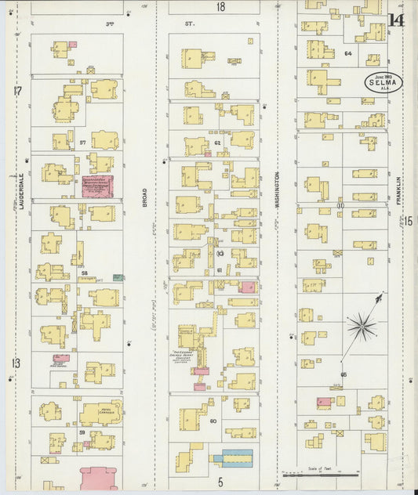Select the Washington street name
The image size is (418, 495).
(x=277, y=189)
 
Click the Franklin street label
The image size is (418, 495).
(x=398, y=191)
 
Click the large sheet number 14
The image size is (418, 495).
(x=396, y=20)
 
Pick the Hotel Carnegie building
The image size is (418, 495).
(x=100, y=412)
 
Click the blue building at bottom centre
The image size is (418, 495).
(x=234, y=458)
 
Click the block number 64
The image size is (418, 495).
(x=347, y=53)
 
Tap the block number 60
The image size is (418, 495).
(x=213, y=421)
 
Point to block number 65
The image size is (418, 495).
(x=343, y=374)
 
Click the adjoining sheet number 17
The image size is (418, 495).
(x=16, y=91)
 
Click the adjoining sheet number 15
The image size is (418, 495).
(x=409, y=222)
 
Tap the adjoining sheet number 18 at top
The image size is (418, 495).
(x=220, y=7)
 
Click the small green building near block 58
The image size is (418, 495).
(x=117, y=277)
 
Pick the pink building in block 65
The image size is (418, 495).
(x=323, y=402)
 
